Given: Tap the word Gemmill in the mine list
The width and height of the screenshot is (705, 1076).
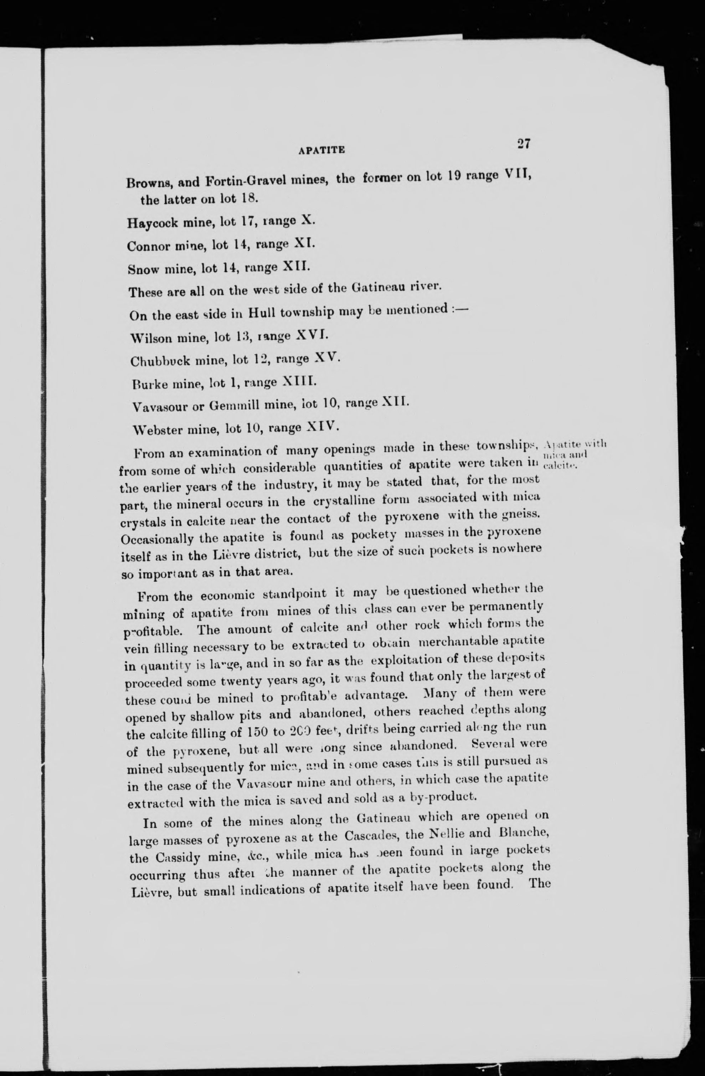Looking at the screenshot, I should click(x=235, y=406).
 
